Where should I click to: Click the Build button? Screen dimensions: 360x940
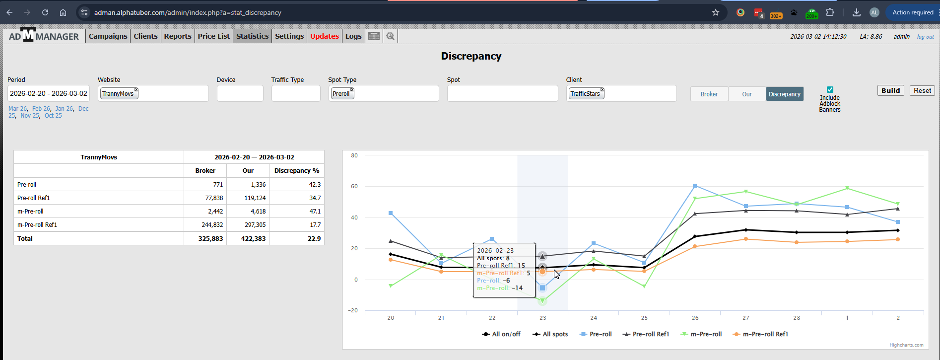(890, 90)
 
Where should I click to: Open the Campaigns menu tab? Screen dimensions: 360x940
(108, 36)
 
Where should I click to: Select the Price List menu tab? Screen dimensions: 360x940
(213, 36)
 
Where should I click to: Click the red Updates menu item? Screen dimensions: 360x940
(324, 36)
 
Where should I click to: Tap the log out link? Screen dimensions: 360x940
(925, 37)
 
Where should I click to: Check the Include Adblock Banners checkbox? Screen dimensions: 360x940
(830, 90)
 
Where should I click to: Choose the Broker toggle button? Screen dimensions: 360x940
(709, 94)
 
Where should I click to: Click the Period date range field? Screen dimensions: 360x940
(49, 93)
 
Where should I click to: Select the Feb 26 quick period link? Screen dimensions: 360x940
(41, 109)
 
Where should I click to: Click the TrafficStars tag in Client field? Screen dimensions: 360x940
(585, 93)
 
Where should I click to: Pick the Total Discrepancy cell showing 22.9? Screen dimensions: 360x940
(314, 238)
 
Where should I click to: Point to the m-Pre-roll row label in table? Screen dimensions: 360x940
(30, 211)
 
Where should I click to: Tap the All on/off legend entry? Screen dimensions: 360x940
(506, 334)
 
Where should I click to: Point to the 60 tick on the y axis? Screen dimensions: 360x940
(354, 187)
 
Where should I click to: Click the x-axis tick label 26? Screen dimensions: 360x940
(695, 318)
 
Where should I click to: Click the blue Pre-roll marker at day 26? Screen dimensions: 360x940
(695, 186)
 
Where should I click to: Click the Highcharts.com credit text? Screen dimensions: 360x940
(906, 345)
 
